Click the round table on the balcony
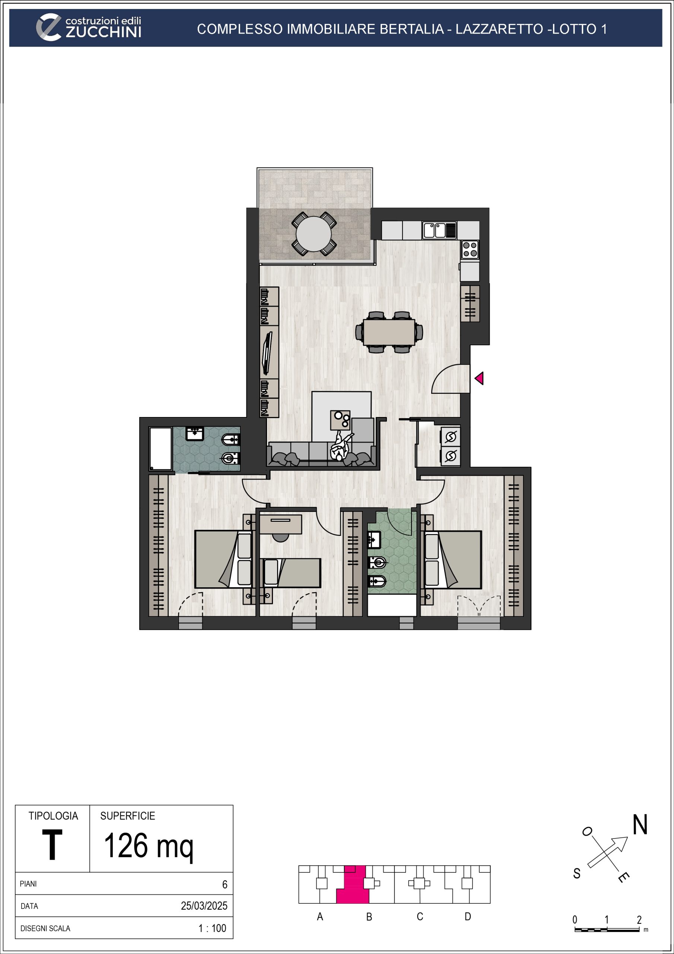click(x=314, y=234)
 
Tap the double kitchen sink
click(x=439, y=230)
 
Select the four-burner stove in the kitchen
click(x=470, y=250)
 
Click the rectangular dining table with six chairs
click(x=389, y=332)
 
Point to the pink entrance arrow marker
click(x=479, y=378)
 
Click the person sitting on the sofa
click(x=341, y=446)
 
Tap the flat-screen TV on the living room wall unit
click(x=268, y=353)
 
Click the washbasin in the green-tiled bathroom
click(x=374, y=540)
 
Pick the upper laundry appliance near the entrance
click(x=451, y=437)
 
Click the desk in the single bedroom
click(x=281, y=524)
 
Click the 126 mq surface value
click(x=149, y=846)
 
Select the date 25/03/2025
click(x=204, y=906)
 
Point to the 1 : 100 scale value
click(x=212, y=928)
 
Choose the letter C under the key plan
click(x=420, y=917)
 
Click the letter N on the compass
click(x=640, y=825)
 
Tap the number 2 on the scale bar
click(x=639, y=919)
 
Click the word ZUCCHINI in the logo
click(x=104, y=32)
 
